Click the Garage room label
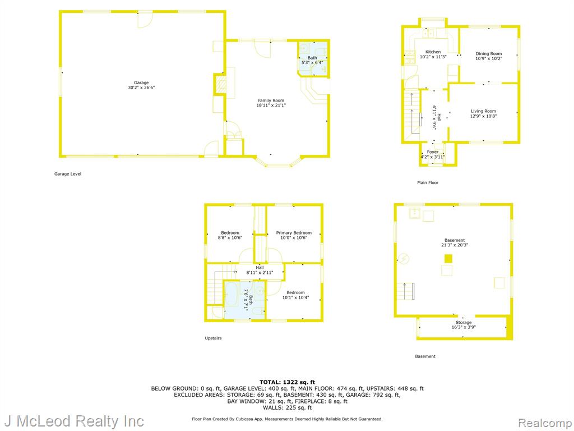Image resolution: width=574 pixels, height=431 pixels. (x=141, y=83)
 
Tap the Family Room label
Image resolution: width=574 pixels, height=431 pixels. (x=271, y=100)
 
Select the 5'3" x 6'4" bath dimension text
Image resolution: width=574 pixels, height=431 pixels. (x=312, y=63)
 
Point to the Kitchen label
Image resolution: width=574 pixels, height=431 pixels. (x=433, y=52)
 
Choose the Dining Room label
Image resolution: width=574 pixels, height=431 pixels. (x=489, y=53)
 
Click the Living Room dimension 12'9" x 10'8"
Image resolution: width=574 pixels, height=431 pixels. (x=483, y=116)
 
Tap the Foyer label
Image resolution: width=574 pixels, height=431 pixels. (x=433, y=152)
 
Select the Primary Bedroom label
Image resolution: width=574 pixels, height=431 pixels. (x=294, y=233)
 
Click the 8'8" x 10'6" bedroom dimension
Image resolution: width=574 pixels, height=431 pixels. (x=230, y=237)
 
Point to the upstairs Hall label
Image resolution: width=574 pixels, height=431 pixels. (x=260, y=268)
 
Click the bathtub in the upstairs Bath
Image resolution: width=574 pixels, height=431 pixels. (x=232, y=300)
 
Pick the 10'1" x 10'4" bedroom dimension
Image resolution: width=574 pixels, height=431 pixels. (x=295, y=297)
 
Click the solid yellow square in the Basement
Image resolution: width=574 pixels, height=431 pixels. (x=448, y=259)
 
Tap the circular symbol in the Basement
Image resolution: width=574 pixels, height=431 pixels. (x=404, y=259)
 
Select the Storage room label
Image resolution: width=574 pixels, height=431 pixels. (x=464, y=323)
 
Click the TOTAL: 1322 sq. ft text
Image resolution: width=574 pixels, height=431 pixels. (x=288, y=382)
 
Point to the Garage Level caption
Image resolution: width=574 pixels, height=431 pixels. (x=68, y=174)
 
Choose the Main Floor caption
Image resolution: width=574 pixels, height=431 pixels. (x=428, y=182)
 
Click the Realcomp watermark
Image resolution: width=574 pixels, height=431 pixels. (x=545, y=423)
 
